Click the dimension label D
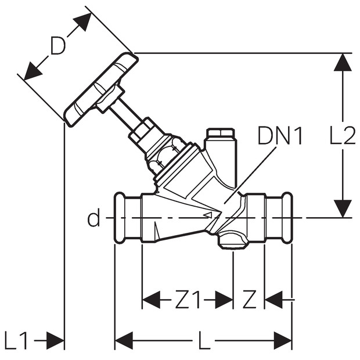pyautogui.click(x=58, y=45)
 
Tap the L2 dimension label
pyautogui.click(x=343, y=135)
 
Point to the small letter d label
pyautogui.click(x=93, y=217)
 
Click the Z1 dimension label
pyautogui.click(x=188, y=300)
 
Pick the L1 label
pyautogui.click(x=16, y=341)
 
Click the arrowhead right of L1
pyautogui.click(x=55, y=340)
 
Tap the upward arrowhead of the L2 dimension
pyautogui.click(x=343, y=62)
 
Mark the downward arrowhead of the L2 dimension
pyautogui.click(x=343, y=208)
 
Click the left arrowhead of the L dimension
pyautogui.click(x=124, y=340)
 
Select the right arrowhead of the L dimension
pyautogui.click(x=283, y=340)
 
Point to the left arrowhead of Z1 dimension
pyautogui.click(x=152, y=300)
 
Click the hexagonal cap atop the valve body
pyautogui.click(x=221, y=134)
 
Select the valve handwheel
pyautogui.click(x=102, y=90)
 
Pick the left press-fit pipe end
pyautogui.click(x=128, y=217)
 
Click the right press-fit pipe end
pyautogui.click(x=279, y=217)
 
